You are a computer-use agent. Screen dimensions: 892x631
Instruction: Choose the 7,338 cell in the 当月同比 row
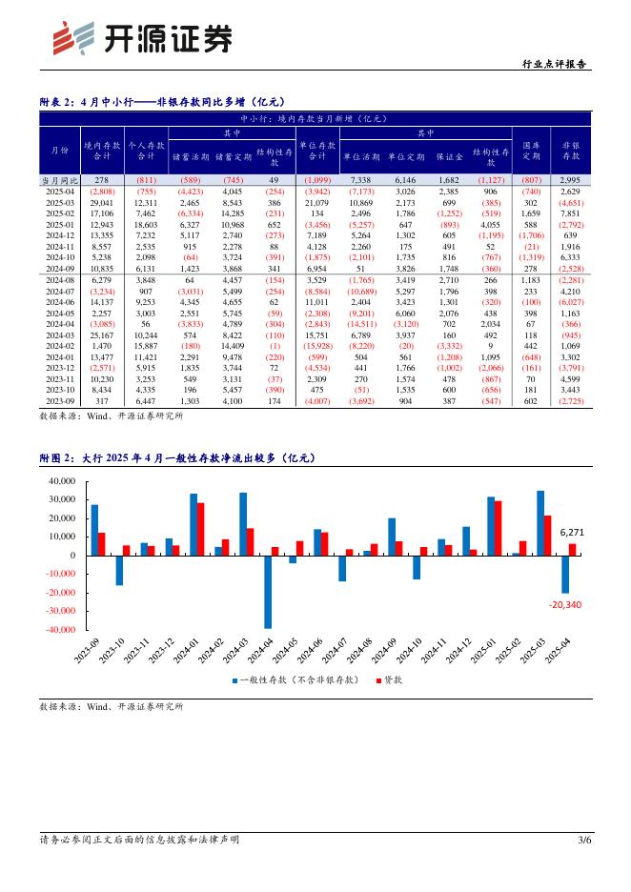(x=360, y=179)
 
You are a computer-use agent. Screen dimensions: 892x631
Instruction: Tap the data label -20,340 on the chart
(x=566, y=604)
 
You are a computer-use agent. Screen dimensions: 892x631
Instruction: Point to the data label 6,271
(x=574, y=532)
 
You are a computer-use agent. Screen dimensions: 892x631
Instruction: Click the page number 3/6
(x=584, y=841)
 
